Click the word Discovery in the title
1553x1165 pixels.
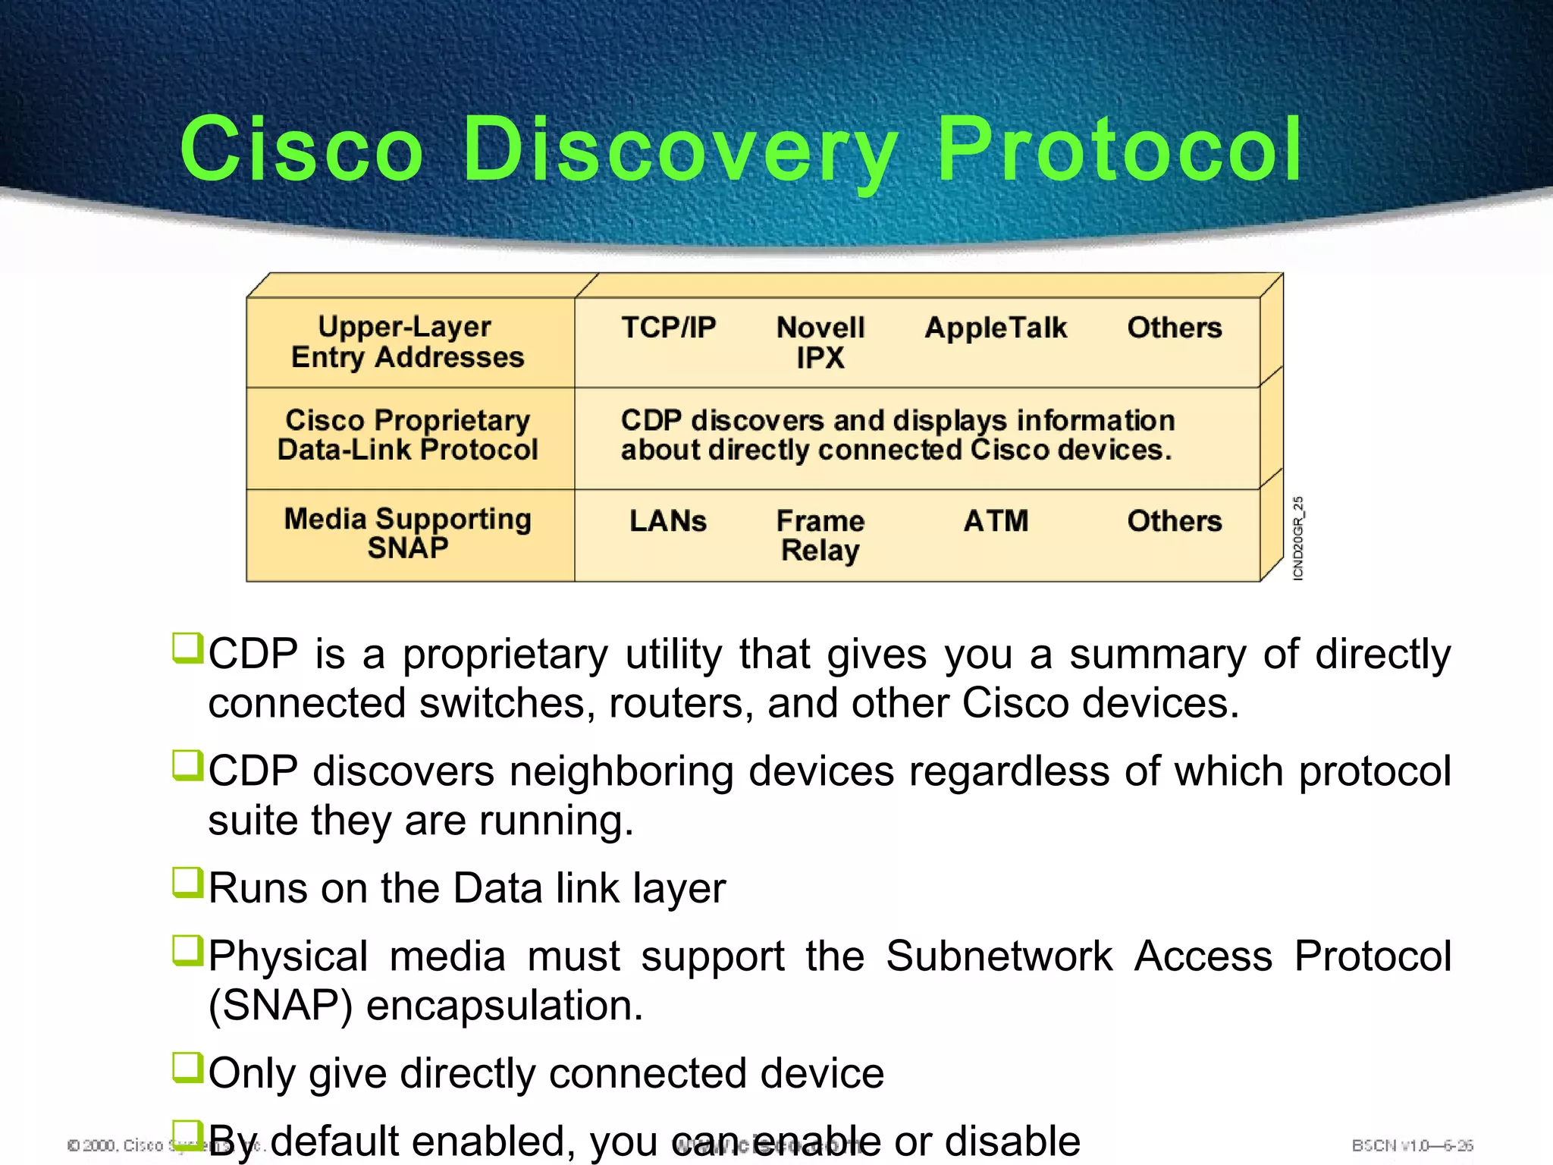[x=679, y=149]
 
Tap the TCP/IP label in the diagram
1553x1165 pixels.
[x=668, y=328]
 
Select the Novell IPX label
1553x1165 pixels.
[x=820, y=342]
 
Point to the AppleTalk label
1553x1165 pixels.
[x=996, y=328]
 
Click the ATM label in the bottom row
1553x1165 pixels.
[x=996, y=521]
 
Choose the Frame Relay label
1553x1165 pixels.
[x=820, y=535]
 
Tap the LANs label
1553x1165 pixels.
[x=668, y=521]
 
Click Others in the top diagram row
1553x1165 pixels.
[x=1175, y=328]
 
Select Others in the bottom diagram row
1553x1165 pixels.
[x=1175, y=521]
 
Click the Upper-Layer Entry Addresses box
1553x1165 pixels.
[x=408, y=342]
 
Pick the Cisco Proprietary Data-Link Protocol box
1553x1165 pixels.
[x=408, y=435]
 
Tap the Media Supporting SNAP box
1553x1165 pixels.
[x=408, y=533]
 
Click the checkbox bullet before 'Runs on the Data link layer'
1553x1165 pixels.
[x=187, y=883]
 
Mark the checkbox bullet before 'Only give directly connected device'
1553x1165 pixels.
[x=187, y=1068]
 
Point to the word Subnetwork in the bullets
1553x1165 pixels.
[x=999, y=956]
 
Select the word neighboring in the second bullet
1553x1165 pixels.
[x=620, y=772]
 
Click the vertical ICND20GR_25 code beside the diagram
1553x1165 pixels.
[x=1298, y=539]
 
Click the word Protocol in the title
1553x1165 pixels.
[x=1119, y=149]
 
